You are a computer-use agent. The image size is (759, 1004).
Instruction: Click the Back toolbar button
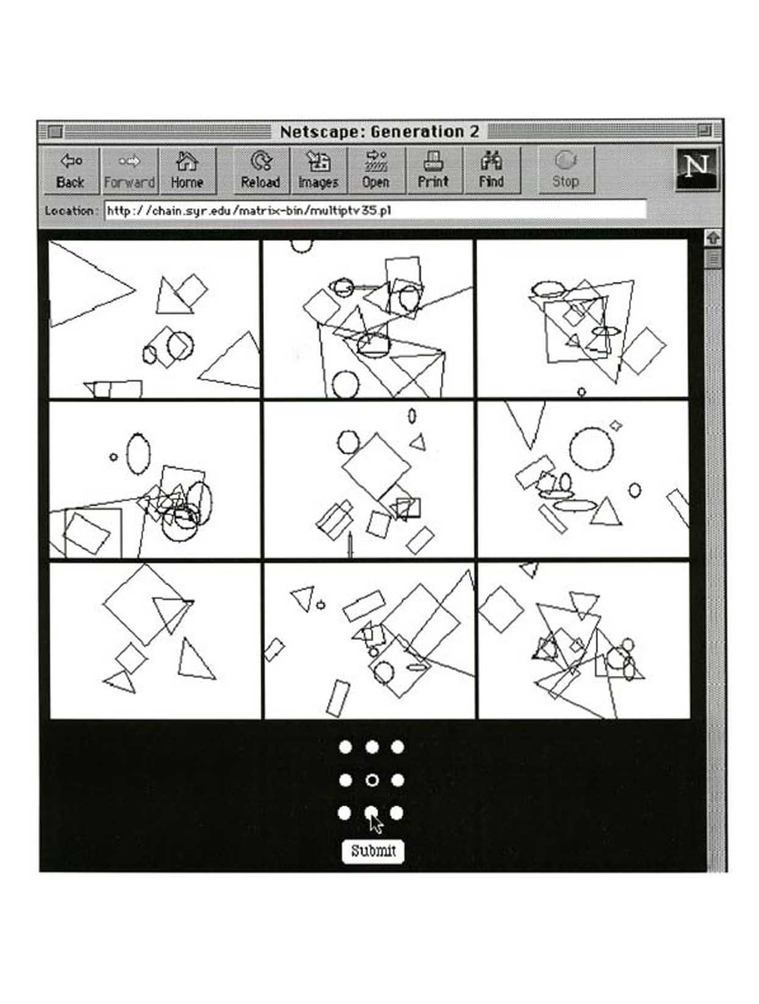[71, 170]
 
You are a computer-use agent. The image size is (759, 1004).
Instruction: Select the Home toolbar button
[187, 170]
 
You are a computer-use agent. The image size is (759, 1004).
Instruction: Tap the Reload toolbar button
[261, 170]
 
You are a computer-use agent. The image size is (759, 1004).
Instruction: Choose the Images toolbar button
[318, 170]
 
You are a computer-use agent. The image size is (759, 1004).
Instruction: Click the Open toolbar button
[376, 170]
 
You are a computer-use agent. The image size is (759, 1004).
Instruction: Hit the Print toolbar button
[433, 170]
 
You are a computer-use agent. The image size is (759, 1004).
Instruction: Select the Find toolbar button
[492, 170]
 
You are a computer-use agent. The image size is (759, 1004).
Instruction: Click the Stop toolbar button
[566, 170]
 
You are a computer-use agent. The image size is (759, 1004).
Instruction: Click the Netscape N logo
[696, 169]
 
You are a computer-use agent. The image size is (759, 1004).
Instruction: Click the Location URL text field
[375, 211]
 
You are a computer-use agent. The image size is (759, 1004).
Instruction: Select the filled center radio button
[372, 780]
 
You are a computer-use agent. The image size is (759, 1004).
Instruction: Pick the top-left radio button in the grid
[346, 747]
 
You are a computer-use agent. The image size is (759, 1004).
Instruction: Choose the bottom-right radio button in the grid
[397, 813]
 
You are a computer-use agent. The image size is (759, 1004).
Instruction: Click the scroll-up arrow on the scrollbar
[713, 238]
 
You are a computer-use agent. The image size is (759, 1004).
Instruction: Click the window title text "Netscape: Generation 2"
[379, 132]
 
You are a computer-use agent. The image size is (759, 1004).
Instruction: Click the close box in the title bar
[55, 132]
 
